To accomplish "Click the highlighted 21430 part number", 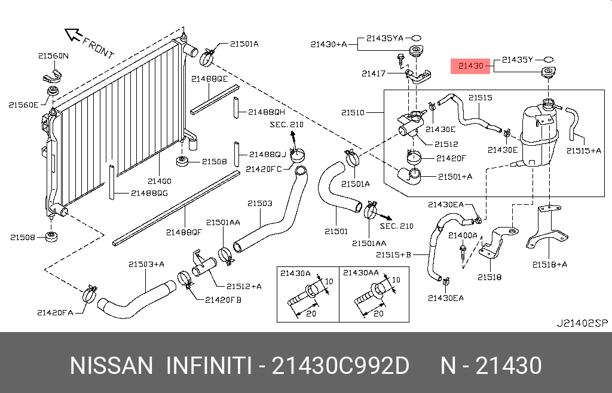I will point(470,66).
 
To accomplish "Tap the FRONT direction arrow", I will point(74,35).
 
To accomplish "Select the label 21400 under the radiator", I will point(160,181).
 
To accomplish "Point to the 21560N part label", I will point(53,56).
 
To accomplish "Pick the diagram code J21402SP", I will point(582,323).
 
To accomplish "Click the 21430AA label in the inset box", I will point(361,272).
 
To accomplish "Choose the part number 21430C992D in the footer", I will point(341,365).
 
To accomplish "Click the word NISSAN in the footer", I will point(111,365).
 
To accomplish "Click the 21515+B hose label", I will point(393,255).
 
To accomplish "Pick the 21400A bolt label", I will point(463,235).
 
